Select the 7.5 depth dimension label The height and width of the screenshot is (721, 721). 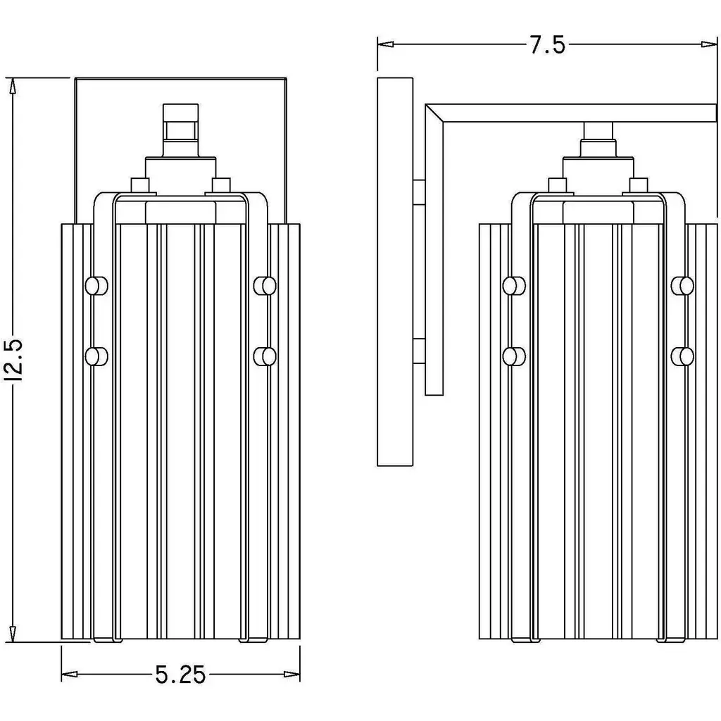[547, 46]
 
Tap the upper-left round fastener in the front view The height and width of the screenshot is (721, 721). [96, 285]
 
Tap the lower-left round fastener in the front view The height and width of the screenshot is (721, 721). [96, 356]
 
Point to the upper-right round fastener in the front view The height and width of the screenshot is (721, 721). [265, 285]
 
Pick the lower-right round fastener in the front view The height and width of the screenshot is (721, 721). [265, 356]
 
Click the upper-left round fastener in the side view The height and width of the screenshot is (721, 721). [514, 285]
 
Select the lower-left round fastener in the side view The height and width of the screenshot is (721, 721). [514, 356]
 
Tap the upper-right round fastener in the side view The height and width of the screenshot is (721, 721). [682, 285]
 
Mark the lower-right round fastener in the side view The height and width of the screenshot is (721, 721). [682, 356]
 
